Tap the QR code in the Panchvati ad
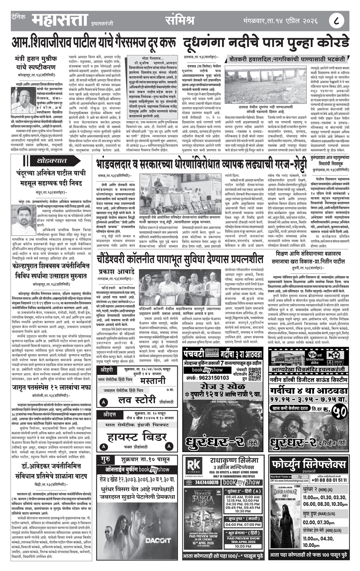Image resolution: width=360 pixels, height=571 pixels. coord(255,373)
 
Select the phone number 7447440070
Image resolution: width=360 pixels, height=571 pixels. coord(207,482)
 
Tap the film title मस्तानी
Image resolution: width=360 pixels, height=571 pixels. coord(153,381)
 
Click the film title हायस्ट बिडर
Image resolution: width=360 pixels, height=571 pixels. coord(137,437)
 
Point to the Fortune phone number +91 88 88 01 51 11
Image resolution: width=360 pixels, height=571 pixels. coord(330,480)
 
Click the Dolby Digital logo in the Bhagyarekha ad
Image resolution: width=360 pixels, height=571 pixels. coord(336,362)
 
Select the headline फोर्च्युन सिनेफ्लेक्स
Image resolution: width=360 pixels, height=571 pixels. coord(308,464)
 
